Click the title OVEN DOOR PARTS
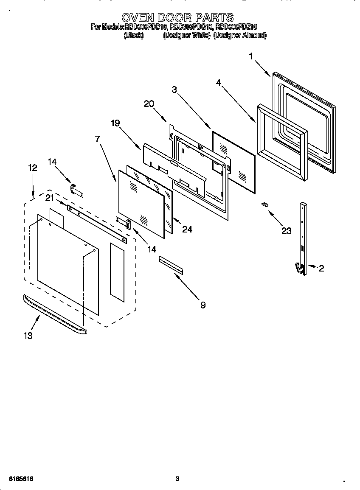tap(177, 17)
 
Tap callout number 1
tap(251, 56)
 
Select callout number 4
tap(218, 83)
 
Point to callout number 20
tap(149, 104)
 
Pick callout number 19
tap(115, 123)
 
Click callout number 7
tap(98, 139)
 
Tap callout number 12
tap(33, 168)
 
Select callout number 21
tap(50, 198)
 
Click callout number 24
tap(187, 229)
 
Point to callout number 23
tap(287, 231)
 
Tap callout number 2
tap(321, 268)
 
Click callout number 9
tap(203, 305)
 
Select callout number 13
tap(28, 336)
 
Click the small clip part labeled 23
tap(265, 204)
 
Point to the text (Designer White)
tap(187, 36)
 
